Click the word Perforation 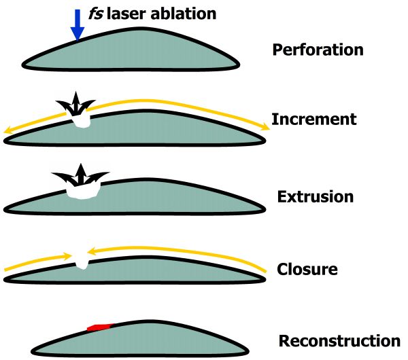click(318, 50)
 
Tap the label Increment click(314, 120)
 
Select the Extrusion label click(316, 197)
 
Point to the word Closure click(307, 268)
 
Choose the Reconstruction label click(339, 340)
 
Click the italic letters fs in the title click(98, 12)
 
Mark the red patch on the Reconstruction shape click(99, 327)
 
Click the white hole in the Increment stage click(82, 122)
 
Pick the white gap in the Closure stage click(82, 260)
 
